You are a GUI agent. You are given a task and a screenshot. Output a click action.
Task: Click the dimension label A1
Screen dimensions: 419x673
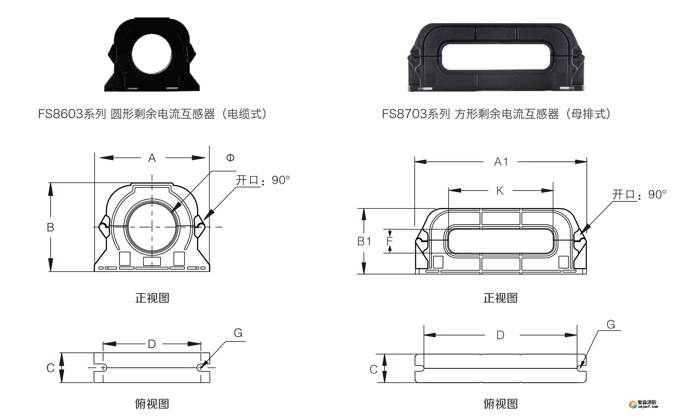click(x=501, y=162)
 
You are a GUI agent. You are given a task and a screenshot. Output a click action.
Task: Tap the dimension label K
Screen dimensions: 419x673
click(x=500, y=191)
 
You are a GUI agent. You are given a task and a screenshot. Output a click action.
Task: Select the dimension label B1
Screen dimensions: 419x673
click(x=364, y=241)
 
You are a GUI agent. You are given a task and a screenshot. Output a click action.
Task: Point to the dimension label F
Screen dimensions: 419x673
click(x=389, y=241)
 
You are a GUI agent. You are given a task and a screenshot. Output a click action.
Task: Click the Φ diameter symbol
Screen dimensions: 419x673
click(x=230, y=158)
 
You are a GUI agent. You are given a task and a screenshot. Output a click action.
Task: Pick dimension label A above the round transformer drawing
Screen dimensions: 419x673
click(x=152, y=158)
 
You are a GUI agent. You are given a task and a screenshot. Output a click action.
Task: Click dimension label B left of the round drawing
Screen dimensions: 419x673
click(x=50, y=227)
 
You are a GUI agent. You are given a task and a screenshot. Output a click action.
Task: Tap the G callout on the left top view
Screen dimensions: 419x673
click(x=238, y=333)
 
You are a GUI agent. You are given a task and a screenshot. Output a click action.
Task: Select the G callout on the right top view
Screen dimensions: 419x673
click(x=611, y=325)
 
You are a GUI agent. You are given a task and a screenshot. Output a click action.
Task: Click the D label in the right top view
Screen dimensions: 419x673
click(x=500, y=335)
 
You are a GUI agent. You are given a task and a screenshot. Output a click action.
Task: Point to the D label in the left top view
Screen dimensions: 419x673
click(x=152, y=344)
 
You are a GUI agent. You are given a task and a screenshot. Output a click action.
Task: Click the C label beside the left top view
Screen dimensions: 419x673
click(x=50, y=368)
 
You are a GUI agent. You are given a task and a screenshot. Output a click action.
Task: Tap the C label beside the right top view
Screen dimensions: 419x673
click(x=374, y=370)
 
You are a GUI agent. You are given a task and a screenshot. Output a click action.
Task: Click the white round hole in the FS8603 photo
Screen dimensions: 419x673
click(x=152, y=54)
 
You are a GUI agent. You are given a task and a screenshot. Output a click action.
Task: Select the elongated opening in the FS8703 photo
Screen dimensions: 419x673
click(x=496, y=56)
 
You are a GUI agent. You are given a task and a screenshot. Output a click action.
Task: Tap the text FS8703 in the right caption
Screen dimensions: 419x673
click(x=404, y=114)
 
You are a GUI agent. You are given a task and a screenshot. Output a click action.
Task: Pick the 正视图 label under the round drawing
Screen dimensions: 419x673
click(x=152, y=298)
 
